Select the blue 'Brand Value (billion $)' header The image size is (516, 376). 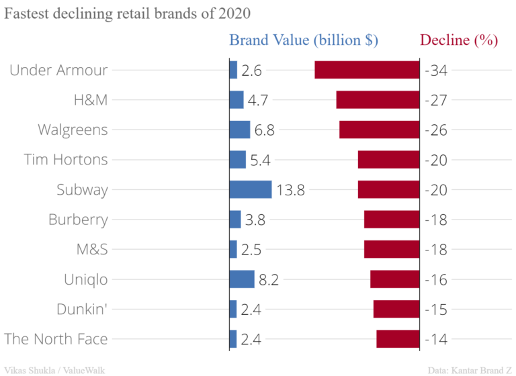pyautogui.click(x=304, y=40)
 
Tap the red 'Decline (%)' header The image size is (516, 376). pyautogui.click(x=459, y=40)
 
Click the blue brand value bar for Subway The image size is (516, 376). pyautogui.click(x=251, y=189)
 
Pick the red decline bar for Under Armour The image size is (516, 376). pyautogui.click(x=367, y=70)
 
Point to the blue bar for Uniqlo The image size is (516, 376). pyautogui.click(x=242, y=279)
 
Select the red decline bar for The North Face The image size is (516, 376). pyautogui.click(x=398, y=339)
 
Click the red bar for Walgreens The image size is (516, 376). pyautogui.click(x=380, y=130)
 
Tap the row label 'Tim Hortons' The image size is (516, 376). pyautogui.click(x=66, y=160)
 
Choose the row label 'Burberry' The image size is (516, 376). pyautogui.click(x=78, y=220)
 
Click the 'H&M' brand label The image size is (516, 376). pyautogui.click(x=91, y=100)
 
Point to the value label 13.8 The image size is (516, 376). pyautogui.click(x=291, y=190)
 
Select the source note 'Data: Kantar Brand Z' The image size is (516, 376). pyautogui.click(x=470, y=369)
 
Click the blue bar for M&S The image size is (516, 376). pyautogui.click(x=233, y=249)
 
